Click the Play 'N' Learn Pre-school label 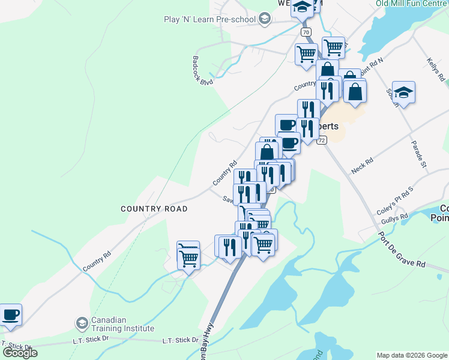pyautogui.click(x=209, y=19)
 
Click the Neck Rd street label pyautogui.click(x=363, y=166)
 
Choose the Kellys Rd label pyautogui.click(x=436, y=70)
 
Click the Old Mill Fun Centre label pyautogui.click(x=412, y=3)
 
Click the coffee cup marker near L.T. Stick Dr pyautogui.click(x=10, y=315)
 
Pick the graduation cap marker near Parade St pyautogui.click(x=404, y=92)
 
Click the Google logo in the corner pyautogui.click(x=20, y=352)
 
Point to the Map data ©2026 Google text pyautogui.click(x=411, y=355)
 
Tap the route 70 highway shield pyautogui.click(x=306, y=32)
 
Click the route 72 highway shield pyautogui.click(x=322, y=140)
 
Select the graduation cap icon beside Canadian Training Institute pyautogui.click(x=81, y=323)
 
